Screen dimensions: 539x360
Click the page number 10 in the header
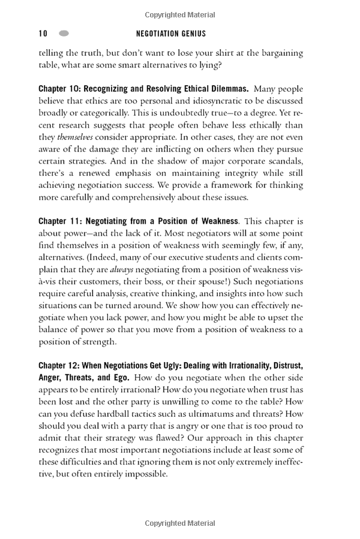tap(43, 34)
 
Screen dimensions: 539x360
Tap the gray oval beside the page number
tap(64, 34)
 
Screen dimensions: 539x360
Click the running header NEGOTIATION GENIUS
tap(171, 34)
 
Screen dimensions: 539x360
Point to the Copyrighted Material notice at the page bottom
tap(180, 523)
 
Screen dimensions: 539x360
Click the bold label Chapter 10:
tap(59, 88)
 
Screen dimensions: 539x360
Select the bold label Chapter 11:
tap(59, 221)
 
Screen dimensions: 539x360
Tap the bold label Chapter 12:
tap(59, 366)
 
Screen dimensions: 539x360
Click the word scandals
tap(286, 161)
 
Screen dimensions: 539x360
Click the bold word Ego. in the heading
tap(119, 378)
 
